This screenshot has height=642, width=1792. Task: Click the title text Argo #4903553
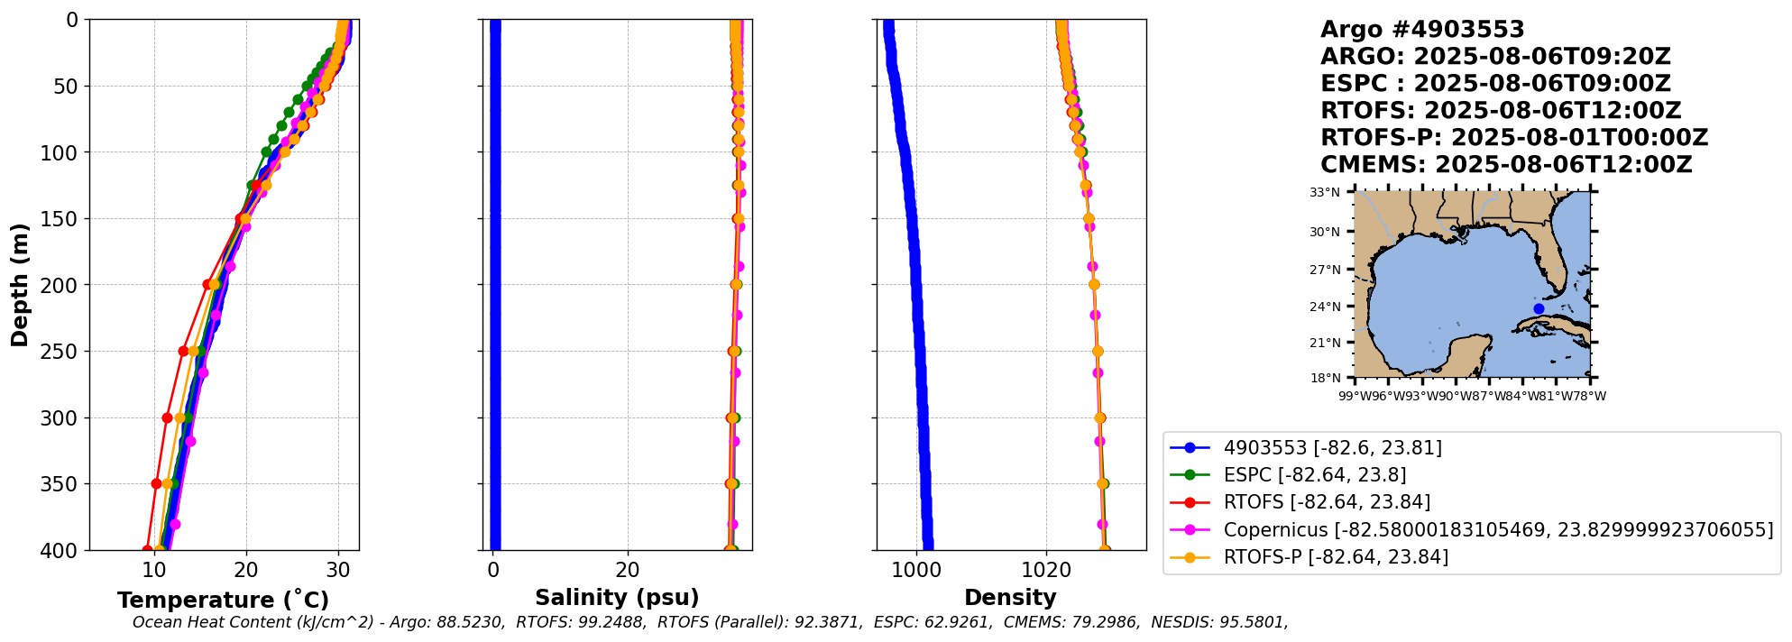[1421, 30]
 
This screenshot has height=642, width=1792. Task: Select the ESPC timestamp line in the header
[1494, 84]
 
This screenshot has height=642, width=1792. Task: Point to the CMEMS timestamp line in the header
[1505, 165]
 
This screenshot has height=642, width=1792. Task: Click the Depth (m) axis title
[19, 285]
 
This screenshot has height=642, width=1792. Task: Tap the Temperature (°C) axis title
[223, 600]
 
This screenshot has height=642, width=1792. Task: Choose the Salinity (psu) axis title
[617, 597]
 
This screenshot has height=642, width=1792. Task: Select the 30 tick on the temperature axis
[338, 570]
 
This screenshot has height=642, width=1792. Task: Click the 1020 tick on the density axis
[1046, 570]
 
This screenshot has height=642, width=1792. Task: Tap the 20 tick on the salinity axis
[628, 570]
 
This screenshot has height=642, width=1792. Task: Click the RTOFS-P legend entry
[1335, 557]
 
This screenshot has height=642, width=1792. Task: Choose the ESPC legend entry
[1314, 474]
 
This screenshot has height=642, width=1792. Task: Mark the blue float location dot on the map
[1539, 308]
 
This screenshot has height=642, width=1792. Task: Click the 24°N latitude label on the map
[1326, 307]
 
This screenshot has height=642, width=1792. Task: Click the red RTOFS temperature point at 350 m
[157, 483]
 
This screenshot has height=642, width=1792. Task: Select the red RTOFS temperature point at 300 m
[167, 417]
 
